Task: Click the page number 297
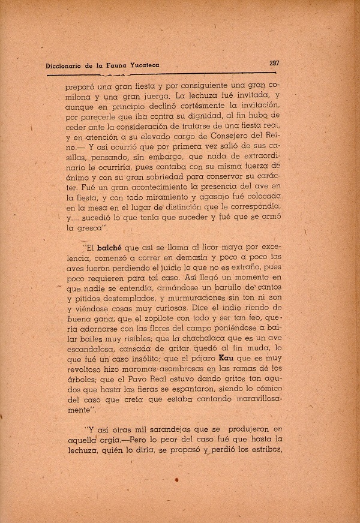click(x=276, y=62)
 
